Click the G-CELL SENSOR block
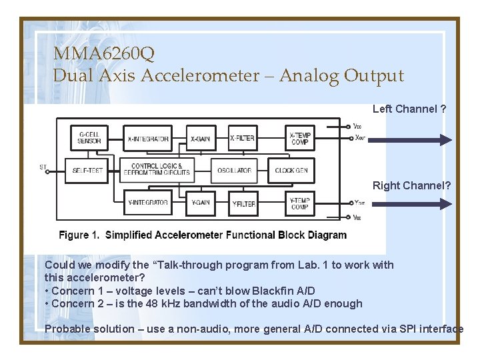89,137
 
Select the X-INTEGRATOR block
148,138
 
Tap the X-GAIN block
200,138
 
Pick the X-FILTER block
243,138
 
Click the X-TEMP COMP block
300,138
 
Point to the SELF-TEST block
88,170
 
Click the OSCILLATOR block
234,170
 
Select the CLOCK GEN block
291,170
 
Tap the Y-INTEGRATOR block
148,203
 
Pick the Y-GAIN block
200,203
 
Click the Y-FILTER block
243,203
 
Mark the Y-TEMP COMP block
300,203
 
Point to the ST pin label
43,167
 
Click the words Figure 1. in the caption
79,235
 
